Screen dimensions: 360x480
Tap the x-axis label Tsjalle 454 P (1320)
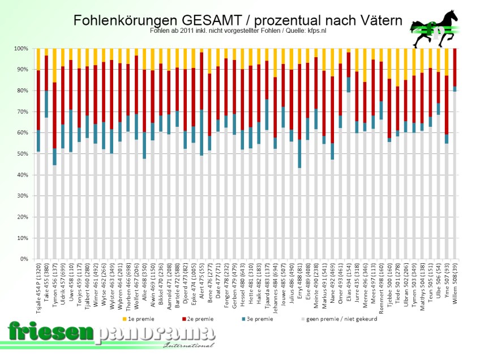(38, 292)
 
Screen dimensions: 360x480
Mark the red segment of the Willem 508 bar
(456, 67)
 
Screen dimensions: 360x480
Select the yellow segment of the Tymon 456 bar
(54, 66)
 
